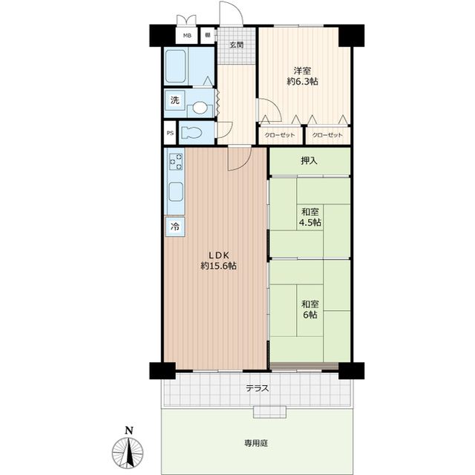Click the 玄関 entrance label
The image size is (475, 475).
click(236, 45)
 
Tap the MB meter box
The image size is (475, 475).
click(187, 36)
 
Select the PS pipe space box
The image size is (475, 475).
click(170, 133)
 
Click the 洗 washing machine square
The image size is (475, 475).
click(175, 100)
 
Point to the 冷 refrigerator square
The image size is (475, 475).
click(175, 226)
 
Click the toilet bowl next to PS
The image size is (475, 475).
click(192, 133)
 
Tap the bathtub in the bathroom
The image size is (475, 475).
click(175, 66)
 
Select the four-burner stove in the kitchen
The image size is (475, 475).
click(176, 162)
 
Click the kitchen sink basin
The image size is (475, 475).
click(176, 192)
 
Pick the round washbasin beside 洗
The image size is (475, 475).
click(199, 108)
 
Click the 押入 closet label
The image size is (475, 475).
click(309, 161)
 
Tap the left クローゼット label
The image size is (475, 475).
click(280, 135)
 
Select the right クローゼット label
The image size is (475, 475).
click(327, 135)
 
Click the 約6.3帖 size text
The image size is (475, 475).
click(302, 82)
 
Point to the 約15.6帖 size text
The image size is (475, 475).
click(218, 266)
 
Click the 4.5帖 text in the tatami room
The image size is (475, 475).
click(310, 223)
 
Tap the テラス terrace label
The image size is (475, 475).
click(258, 388)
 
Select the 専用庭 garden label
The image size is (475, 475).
click(256, 444)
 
